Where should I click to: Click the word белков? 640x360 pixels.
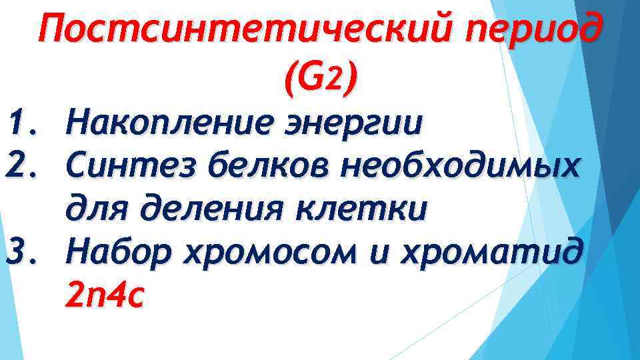pos(263,165)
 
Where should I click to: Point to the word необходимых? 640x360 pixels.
pos(461,166)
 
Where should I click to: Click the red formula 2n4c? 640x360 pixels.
pos(104,294)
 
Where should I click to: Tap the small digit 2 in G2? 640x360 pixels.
pos(334,81)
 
